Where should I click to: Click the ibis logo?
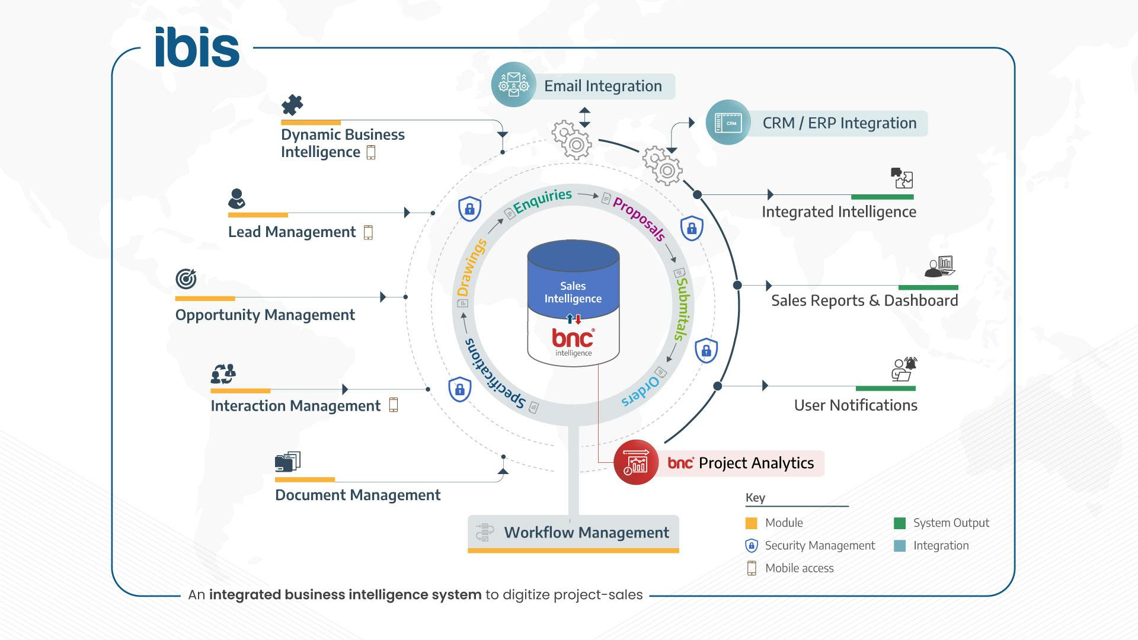(x=197, y=47)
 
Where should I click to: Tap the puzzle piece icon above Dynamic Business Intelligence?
(x=292, y=105)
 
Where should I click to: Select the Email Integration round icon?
(x=513, y=85)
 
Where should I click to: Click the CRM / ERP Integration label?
(x=839, y=123)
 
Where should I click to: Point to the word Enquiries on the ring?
(x=542, y=201)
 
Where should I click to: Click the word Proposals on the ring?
(x=639, y=219)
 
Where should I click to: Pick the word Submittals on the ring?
(x=682, y=309)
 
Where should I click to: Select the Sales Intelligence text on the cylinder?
(x=573, y=293)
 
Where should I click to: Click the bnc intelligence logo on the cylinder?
(x=573, y=341)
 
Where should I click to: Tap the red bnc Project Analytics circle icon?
(x=635, y=463)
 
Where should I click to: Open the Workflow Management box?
(x=573, y=533)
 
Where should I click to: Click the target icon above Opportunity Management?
(x=186, y=279)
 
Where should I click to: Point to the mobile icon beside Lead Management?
(x=368, y=232)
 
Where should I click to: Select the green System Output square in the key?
(x=899, y=523)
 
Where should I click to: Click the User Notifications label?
(x=855, y=405)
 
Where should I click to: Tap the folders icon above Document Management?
(x=287, y=462)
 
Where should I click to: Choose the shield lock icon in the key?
(x=751, y=546)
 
